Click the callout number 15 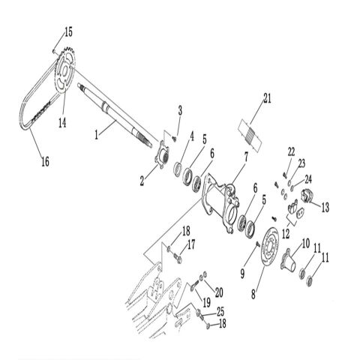[x=68, y=31]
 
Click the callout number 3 [x=179, y=111]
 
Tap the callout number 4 [x=192, y=136]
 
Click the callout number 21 [x=267, y=97]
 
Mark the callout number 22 [x=292, y=151]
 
